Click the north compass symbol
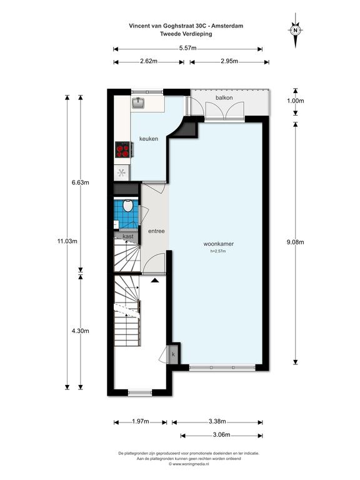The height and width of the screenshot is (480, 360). pos(296,30)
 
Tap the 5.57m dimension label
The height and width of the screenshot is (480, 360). pos(188,48)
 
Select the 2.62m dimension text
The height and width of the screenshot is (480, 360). pos(149,61)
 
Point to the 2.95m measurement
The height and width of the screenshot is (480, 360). pos(229,61)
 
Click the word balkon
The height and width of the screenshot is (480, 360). pos(224,98)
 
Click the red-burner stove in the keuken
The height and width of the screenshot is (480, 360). pos(123,150)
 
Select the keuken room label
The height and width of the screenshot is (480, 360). pos(149,139)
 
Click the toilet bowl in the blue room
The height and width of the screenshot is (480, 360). pos(127,206)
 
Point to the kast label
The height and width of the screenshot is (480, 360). pos(128,236)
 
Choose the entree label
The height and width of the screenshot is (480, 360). pos(156,231)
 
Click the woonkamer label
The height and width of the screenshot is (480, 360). pos(219,244)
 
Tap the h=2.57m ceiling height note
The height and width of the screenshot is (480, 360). pos(218,251)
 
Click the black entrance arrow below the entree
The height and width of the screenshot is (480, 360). pos(154,280)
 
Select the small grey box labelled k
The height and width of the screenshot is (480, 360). pos(173,354)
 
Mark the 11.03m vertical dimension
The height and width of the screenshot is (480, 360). pos(67,241)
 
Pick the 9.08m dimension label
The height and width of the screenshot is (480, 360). pos(296,242)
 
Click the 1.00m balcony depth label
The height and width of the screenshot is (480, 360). pos(296,101)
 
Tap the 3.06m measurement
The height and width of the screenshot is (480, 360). pos(221,435)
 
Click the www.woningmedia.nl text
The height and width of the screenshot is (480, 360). pos(189,464)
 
